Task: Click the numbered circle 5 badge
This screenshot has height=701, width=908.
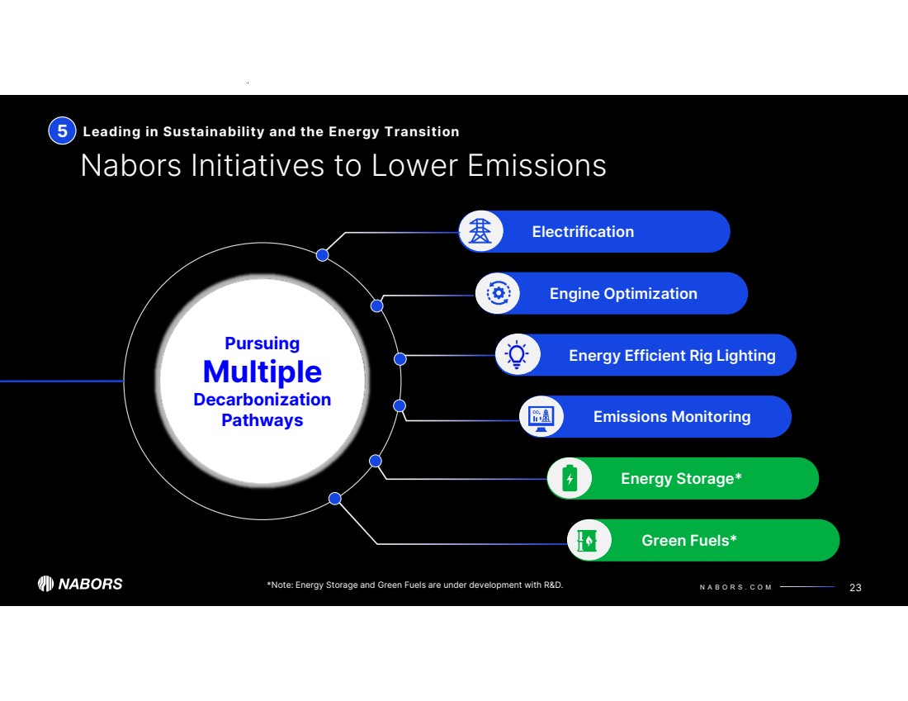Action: [x=62, y=131]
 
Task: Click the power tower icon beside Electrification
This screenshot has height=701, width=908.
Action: [x=480, y=231]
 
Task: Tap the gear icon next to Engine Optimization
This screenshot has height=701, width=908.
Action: [x=498, y=293]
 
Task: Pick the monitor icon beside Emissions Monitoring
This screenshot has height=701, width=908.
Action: [x=541, y=416]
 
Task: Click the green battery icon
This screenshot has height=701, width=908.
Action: [x=570, y=478]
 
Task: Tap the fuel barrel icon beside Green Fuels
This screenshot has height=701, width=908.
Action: [x=589, y=540]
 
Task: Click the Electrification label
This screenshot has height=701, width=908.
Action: [x=583, y=232]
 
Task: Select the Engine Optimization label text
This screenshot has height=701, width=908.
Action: [x=623, y=294]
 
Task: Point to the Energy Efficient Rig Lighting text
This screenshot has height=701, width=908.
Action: [x=672, y=356]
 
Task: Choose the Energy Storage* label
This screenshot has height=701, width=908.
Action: [x=681, y=479]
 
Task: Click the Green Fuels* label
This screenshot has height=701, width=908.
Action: [x=689, y=541]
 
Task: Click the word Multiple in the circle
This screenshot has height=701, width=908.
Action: [x=262, y=372]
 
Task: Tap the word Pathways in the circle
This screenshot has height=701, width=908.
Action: [x=262, y=420]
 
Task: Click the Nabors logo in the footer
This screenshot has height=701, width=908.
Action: [x=80, y=584]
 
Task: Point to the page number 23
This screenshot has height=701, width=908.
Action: [x=855, y=587]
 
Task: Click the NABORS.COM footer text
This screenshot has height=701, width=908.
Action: [x=735, y=587]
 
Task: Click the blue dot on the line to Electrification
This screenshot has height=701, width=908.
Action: [x=323, y=254]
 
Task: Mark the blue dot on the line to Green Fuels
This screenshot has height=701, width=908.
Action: [x=335, y=498]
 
